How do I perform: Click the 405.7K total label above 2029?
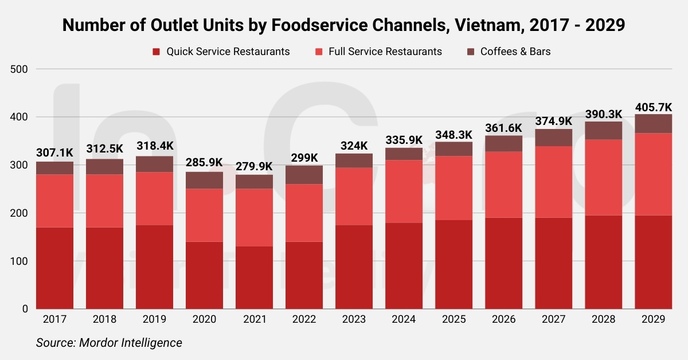click(653, 108)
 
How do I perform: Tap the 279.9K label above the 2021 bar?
click(254, 166)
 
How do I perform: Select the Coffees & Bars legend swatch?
click(471, 52)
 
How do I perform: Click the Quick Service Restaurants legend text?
click(228, 52)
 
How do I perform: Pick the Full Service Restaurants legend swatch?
click(319, 52)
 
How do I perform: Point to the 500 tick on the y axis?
click(19, 69)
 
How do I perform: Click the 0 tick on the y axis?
click(25, 309)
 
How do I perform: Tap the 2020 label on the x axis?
click(204, 319)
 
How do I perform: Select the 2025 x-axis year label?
click(454, 319)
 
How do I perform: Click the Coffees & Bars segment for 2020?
click(204, 181)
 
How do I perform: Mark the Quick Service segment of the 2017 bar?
click(54, 268)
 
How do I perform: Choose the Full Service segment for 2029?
click(653, 174)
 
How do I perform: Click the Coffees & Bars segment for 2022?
click(304, 175)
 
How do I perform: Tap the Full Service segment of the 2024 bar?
click(404, 191)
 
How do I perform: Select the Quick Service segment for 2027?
click(553, 263)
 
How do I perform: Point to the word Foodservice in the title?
click(319, 25)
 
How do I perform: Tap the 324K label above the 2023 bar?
click(354, 146)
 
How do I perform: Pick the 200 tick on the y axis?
click(19, 213)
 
